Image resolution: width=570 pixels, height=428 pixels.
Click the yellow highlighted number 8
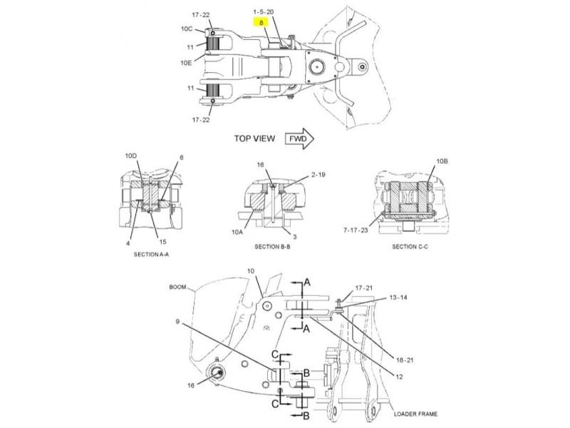(261, 23)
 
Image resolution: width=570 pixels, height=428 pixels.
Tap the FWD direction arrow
(299, 138)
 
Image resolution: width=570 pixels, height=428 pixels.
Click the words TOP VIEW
(254, 138)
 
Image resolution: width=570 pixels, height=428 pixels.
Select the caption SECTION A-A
(151, 255)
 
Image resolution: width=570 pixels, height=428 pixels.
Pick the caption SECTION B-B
(272, 247)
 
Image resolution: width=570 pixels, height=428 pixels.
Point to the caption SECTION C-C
(410, 247)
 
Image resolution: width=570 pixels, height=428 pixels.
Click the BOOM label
(177, 287)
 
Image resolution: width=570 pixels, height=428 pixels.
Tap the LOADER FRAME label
(415, 414)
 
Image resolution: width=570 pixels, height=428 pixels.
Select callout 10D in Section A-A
(131, 156)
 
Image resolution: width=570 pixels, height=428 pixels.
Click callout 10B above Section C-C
(442, 161)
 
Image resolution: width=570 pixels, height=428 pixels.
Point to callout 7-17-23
(356, 230)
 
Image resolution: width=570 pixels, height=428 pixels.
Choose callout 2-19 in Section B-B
(318, 175)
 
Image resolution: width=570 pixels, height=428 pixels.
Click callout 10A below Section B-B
(237, 232)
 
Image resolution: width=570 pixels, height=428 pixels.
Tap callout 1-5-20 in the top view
(264, 12)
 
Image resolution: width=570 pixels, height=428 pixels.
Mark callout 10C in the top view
(187, 29)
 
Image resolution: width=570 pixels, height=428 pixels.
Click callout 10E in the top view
(186, 63)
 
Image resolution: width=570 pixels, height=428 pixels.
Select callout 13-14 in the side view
(398, 297)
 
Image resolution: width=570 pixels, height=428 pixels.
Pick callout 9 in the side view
(177, 322)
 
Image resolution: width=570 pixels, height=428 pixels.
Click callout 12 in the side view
(399, 377)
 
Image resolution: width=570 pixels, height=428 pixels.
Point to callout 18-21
(405, 360)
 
